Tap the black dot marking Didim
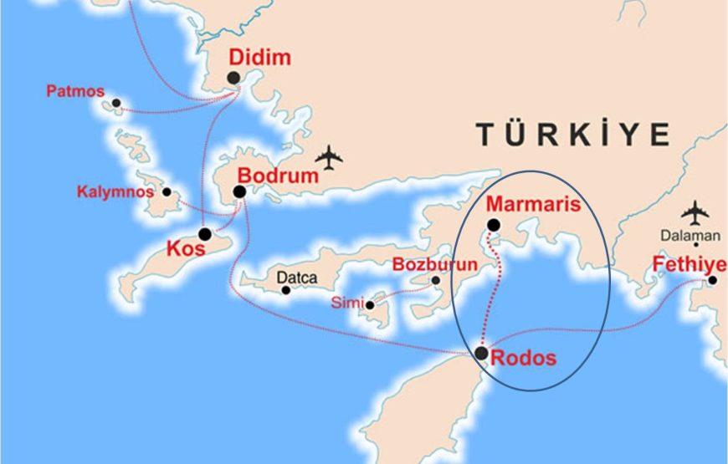[x=233, y=78]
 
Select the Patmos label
[x=74, y=89]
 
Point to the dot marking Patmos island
[x=116, y=104]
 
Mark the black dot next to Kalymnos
[x=167, y=192]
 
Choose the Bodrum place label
[x=279, y=176]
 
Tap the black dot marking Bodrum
[x=239, y=191]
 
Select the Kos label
[x=186, y=249]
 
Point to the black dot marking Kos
[x=205, y=234]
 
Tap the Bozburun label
[x=434, y=265]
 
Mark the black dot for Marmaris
[x=494, y=224]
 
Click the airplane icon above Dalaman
[x=695, y=212]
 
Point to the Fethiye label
[x=690, y=266]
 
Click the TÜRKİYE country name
[x=573, y=134]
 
